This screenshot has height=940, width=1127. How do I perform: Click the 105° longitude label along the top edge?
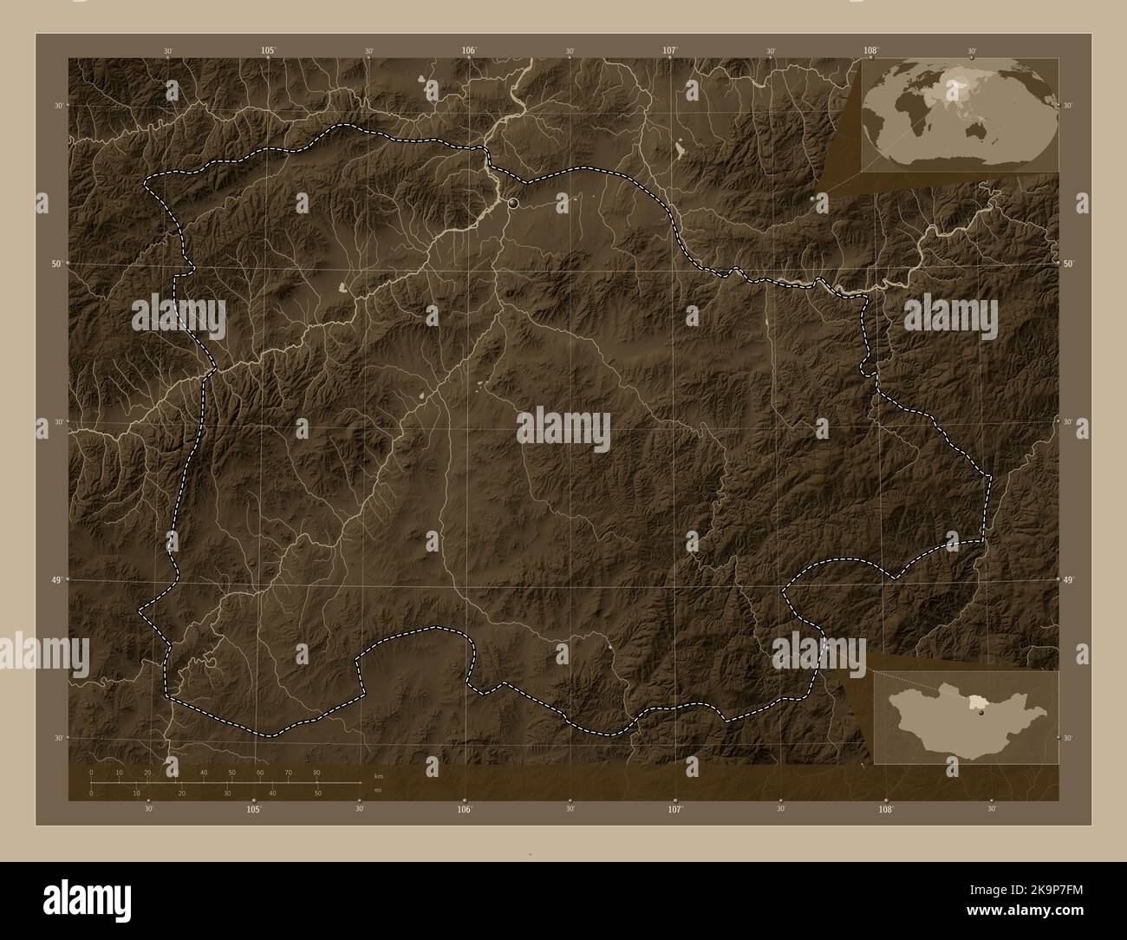coord(269,51)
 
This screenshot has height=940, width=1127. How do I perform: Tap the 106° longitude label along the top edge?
coord(469,51)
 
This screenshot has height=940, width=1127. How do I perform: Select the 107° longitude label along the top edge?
coord(670,51)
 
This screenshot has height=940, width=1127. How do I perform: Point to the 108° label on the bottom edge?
coord(886,809)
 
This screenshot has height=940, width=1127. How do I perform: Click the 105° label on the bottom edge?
coord(253,809)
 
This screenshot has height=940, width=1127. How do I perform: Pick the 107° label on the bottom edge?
coord(675,809)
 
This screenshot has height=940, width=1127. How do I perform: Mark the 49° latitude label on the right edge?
coord(1068,579)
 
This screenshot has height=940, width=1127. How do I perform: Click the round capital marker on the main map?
coord(514,203)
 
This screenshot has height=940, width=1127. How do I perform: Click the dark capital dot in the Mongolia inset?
coord(981,715)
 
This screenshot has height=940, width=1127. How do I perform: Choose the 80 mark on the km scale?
coord(316,772)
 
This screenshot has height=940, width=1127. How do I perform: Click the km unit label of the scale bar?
coord(377,776)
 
